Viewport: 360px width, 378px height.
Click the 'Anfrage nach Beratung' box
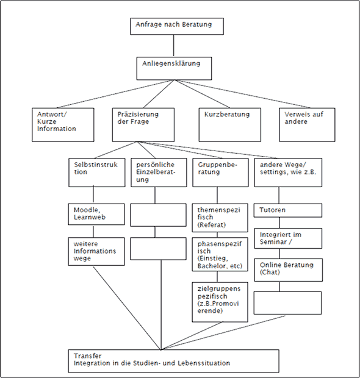pyautogui.click(x=177, y=26)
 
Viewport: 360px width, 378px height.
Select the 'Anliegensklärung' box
pyautogui.click(x=175, y=68)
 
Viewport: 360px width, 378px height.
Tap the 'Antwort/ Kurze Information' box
pyautogui.click(x=63, y=124)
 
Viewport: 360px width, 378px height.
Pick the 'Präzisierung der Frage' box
pyautogui.click(x=143, y=124)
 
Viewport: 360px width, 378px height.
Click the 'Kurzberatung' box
pyautogui.click(x=229, y=124)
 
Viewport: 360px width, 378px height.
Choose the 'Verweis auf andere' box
pyautogui.click(x=307, y=124)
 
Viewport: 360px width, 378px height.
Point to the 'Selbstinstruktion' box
pyautogui.click(x=97, y=173)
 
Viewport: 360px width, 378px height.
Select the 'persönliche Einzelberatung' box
pyautogui.click(x=159, y=173)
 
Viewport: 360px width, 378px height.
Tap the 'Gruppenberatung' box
pyautogui.click(x=220, y=173)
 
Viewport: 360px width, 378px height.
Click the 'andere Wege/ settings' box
pyautogui.click(x=288, y=173)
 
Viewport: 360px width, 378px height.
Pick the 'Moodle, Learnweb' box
pyautogui.click(x=96, y=215)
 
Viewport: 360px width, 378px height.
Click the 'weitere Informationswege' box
pyautogui.click(x=96, y=252)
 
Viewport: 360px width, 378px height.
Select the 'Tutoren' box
pyautogui.click(x=288, y=210)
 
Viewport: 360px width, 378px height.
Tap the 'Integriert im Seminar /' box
pyautogui.click(x=288, y=238)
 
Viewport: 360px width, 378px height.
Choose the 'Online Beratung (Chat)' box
pyautogui.click(x=289, y=270)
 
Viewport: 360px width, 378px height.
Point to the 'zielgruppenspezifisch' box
pyautogui.click(x=220, y=302)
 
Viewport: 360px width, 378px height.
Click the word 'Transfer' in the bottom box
pyautogui.click(x=88, y=356)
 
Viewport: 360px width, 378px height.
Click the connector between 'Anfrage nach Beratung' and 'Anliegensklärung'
pyautogui.click(x=173, y=46)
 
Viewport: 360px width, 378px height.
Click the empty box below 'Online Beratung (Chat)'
pyautogui.click(x=287, y=303)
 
